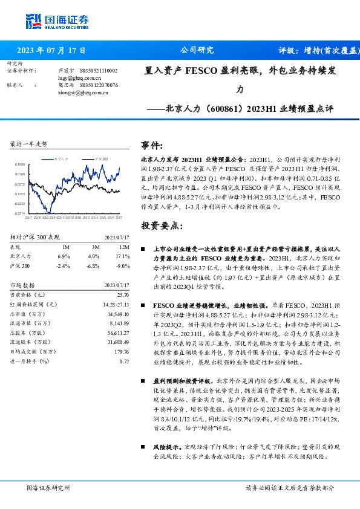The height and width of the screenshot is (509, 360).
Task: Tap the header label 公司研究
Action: pos(197,50)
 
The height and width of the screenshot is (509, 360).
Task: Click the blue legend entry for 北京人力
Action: pos(62,158)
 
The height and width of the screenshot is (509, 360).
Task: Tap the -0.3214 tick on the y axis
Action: pos(19,213)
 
